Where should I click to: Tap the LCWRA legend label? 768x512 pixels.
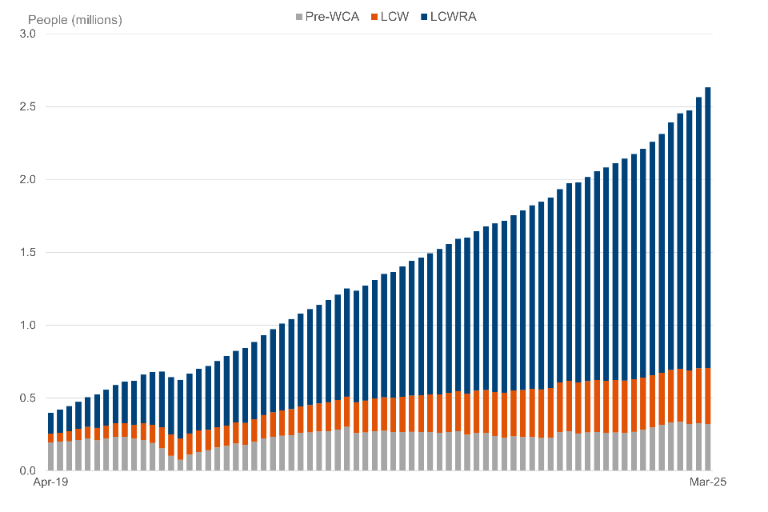click(453, 16)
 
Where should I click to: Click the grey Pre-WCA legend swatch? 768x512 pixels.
click(300, 16)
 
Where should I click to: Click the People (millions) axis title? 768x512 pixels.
click(75, 19)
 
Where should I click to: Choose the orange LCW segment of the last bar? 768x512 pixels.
click(708, 396)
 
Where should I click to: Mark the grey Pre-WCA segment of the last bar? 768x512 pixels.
click(708, 447)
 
